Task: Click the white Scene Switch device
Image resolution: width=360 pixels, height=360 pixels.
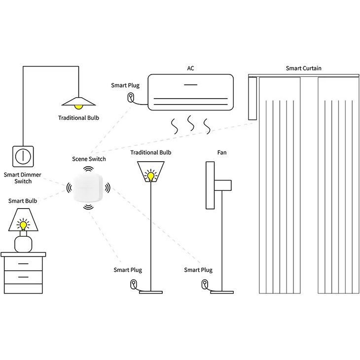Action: pyautogui.click(x=88, y=187)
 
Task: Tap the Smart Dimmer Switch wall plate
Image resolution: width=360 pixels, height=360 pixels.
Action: pyautogui.click(x=23, y=156)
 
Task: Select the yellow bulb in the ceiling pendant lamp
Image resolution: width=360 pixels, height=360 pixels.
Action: pyautogui.click(x=78, y=107)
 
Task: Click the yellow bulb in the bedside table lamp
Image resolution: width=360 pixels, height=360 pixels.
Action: pyautogui.click(x=23, y=225)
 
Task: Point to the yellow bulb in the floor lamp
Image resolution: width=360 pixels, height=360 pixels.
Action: pyautogui.click(x=150, y=177)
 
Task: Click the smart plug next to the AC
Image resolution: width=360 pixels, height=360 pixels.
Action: pyautogui.click(x=130, y=97)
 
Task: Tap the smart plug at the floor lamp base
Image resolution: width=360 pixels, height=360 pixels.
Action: pyautogui.click(x=133, y=284)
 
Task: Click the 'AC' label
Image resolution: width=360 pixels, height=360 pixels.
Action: pyautogui.click(x=190, y=68)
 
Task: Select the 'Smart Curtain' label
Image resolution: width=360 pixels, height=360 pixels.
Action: pyautogui.click(x=303, y=68)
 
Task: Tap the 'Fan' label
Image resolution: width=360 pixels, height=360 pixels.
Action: pyautogui.click(x=222, y=152)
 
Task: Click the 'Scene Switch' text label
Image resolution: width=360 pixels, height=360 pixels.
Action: pyautogui.click(x=89, y=159)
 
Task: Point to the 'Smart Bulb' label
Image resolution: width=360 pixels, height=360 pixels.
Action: pyautogui.click(x=23, y=201)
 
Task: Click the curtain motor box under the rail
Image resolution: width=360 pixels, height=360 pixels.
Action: pyautogui.click(x=252, y=98)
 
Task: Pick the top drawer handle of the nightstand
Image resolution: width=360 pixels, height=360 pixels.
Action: pyautogui.click(x=23, y=263)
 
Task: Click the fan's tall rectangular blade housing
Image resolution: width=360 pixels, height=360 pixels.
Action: pyautogui.click(x=210, y=185)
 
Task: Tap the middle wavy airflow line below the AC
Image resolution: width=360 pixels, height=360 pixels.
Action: pyautogui.click(x=190, y=123)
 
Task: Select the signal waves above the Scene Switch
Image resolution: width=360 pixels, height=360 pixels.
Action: pyautogui.click(x=88, y=170)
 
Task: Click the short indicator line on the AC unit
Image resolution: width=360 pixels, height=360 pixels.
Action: pyautogui.click(x=190, y=85)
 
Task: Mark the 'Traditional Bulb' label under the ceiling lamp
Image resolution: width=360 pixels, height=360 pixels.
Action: pyautogui.click(x=78, y=118)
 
